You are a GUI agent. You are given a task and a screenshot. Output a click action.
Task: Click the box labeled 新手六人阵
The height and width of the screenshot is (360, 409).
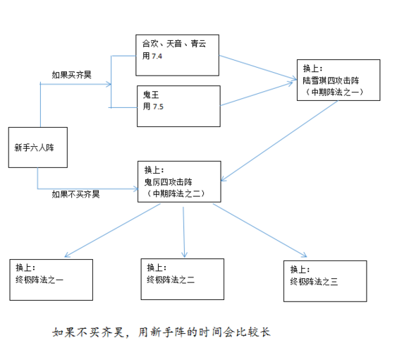point(37,148)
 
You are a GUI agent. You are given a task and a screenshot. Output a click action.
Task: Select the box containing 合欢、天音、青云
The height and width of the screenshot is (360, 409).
point(177,54)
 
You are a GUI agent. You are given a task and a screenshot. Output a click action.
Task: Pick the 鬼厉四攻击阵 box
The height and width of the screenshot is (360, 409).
point(178,181)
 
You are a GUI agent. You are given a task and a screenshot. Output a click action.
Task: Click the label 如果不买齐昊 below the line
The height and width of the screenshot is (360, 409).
point(75,193)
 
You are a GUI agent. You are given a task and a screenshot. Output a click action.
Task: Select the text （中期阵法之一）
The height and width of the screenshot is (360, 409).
point(336,92)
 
